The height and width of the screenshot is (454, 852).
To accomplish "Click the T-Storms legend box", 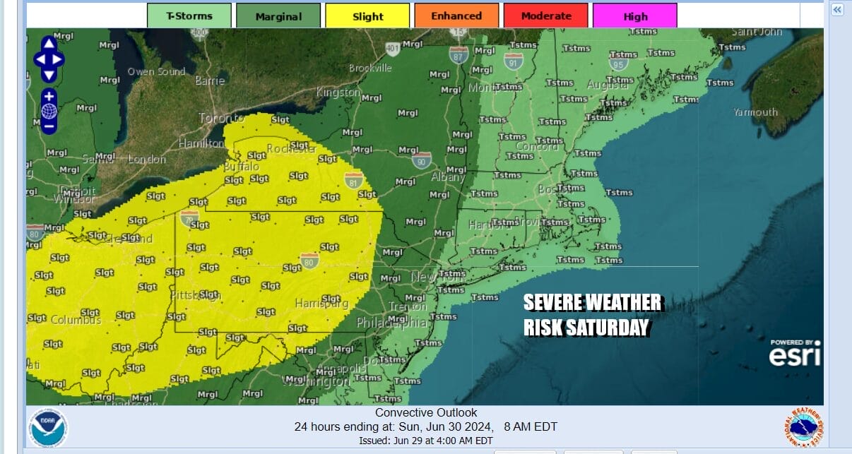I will [189, 16].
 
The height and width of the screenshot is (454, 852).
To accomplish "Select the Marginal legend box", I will [278, 16].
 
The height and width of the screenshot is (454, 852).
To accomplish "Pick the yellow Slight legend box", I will [367, 16].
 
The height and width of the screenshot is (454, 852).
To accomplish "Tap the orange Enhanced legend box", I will [456, 16].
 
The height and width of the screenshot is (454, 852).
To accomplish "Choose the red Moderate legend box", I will [545, 16].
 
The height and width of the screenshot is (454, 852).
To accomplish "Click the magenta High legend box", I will [634, 16].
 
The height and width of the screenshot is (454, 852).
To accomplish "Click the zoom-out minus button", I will [49, 127].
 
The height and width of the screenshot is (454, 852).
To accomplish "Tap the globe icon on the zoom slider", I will [49, 111].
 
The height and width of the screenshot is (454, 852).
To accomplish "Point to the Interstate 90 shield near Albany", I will [422, 161].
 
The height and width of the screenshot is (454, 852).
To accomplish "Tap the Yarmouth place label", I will [755, 112].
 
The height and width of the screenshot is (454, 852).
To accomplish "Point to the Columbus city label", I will [76, 320].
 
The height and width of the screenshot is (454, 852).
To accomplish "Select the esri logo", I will [795, 355].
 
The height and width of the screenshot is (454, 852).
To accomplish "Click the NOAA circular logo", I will [48, 428].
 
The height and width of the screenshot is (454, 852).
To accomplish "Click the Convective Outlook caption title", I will [426, 413].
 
